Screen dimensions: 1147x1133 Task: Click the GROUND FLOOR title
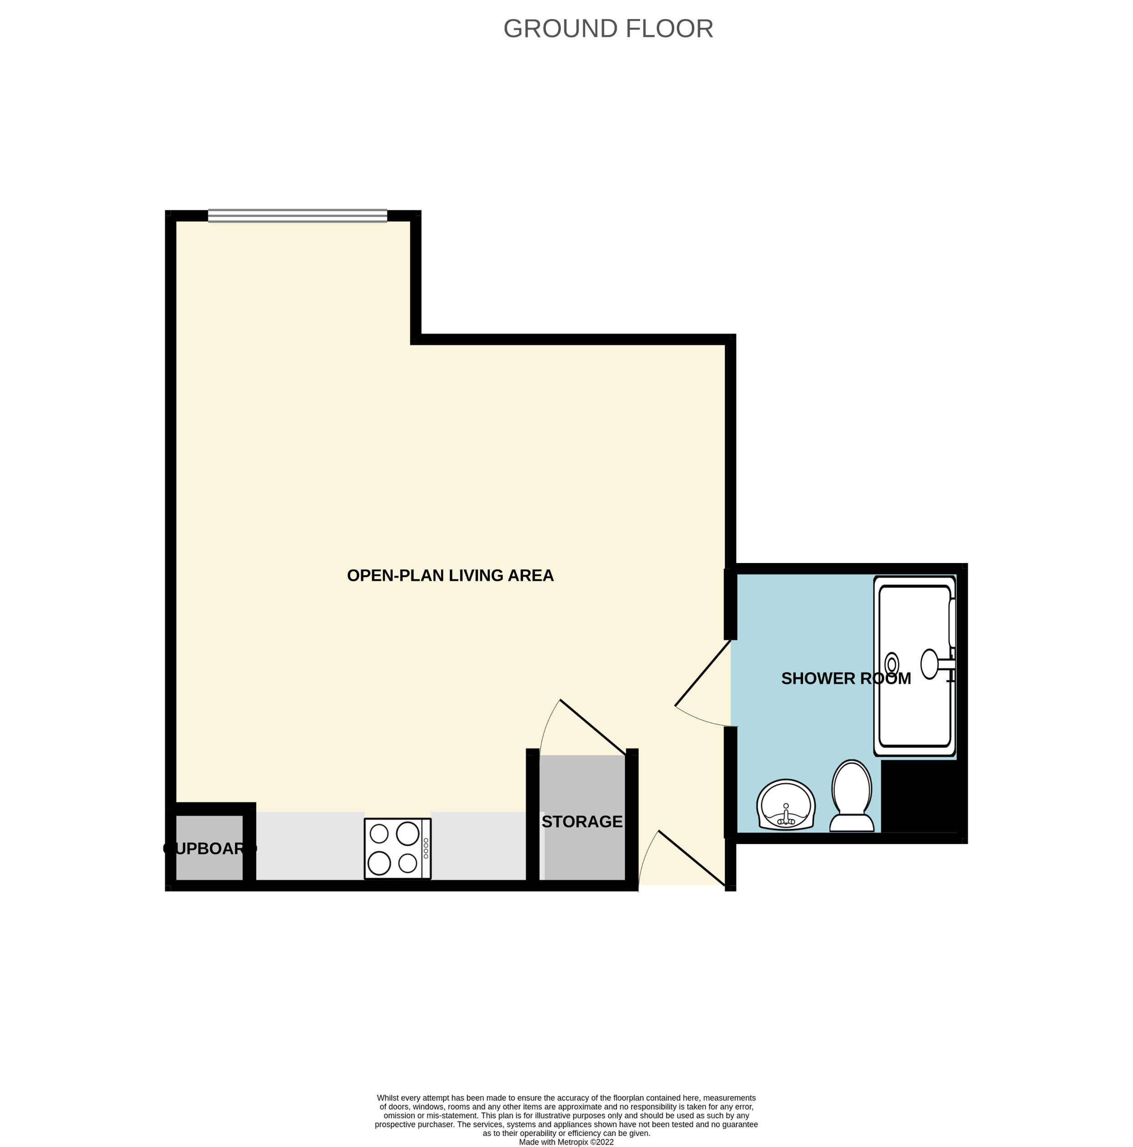click(x=608, y=29)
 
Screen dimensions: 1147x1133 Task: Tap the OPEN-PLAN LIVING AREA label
click(x=450, y=575)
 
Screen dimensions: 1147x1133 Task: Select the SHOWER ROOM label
click(x=846, y=679)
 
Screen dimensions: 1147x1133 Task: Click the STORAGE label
click(x=581, y=822)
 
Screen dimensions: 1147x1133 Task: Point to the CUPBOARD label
click(x=209, y=848)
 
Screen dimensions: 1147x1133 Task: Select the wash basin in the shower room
click(x=786, y=804)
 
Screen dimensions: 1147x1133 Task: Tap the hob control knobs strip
click(x=426, y=848)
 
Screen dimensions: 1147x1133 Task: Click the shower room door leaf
click(x=702, y=673)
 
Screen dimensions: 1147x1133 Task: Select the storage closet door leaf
click(x=593, y=727)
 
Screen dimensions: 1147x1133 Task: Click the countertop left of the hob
click(x=310, y=845)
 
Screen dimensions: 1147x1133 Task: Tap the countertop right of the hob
click(x=478, y=845)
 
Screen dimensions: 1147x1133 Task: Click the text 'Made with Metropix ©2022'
click(x=566, y=1142)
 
